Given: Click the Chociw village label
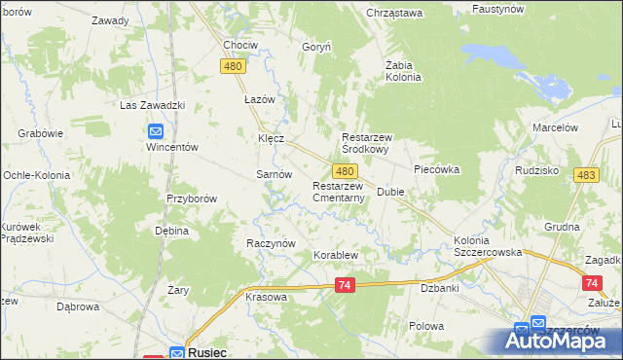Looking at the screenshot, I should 239,45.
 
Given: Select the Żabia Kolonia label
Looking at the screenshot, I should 402,71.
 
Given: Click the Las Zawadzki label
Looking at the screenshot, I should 152,105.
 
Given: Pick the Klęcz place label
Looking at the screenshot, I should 271,138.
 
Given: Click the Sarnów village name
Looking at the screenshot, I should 274,173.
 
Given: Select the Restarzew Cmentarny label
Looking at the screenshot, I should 339,192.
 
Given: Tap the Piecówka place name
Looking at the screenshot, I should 436,168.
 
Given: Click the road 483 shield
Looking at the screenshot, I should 586,174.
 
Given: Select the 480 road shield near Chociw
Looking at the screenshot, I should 232,65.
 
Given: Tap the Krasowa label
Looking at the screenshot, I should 266,297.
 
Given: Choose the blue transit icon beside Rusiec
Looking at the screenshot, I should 176,353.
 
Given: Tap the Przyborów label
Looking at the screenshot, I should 190,198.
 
